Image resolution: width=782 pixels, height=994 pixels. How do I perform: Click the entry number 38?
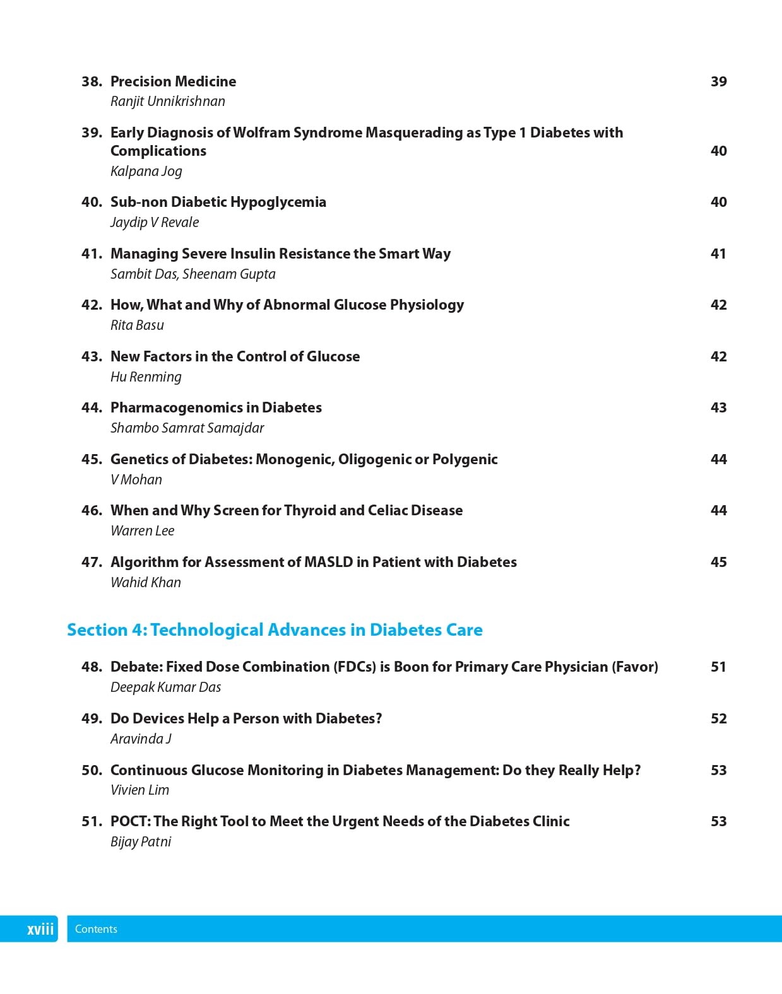[x=92, y=81]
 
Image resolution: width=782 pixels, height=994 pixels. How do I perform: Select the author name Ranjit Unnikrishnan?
[x=167, y=102]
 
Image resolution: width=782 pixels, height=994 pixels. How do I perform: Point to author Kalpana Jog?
[x=146, y=171]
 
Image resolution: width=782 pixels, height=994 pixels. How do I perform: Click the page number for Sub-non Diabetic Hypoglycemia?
[x=718, y=202]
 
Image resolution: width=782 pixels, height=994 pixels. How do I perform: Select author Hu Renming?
[x=146, y=377]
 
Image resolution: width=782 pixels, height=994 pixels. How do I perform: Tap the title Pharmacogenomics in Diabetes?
[x=216, y=407]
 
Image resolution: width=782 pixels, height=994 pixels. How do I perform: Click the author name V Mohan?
[x=136, y=479]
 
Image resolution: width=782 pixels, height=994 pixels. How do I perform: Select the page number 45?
[x=718, y=562]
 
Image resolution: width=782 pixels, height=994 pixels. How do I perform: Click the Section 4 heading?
[x=275, y=629]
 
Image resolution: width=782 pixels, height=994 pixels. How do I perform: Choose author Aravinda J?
[x=141, y=739]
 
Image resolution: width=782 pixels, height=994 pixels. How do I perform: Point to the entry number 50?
[x=92, y=770]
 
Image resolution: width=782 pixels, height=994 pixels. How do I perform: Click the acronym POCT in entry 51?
[x=129, y=821]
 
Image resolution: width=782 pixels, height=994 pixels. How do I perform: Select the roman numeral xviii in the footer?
[x=40, y=929]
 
